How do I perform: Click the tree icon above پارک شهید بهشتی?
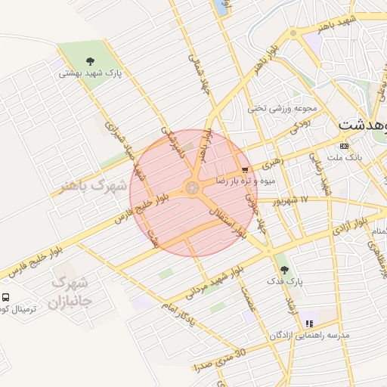[x=91, y=61]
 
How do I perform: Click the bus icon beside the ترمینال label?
[x=6, y=298]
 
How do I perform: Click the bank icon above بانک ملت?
[x=345, y=145]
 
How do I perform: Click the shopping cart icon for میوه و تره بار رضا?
[x=243, y=170]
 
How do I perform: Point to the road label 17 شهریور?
[x=294, y=200]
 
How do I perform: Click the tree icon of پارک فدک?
[x=284, y=268]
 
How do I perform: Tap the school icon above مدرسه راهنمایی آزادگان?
[x=308, y=323]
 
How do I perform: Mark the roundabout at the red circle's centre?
[x=193, y=187]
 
